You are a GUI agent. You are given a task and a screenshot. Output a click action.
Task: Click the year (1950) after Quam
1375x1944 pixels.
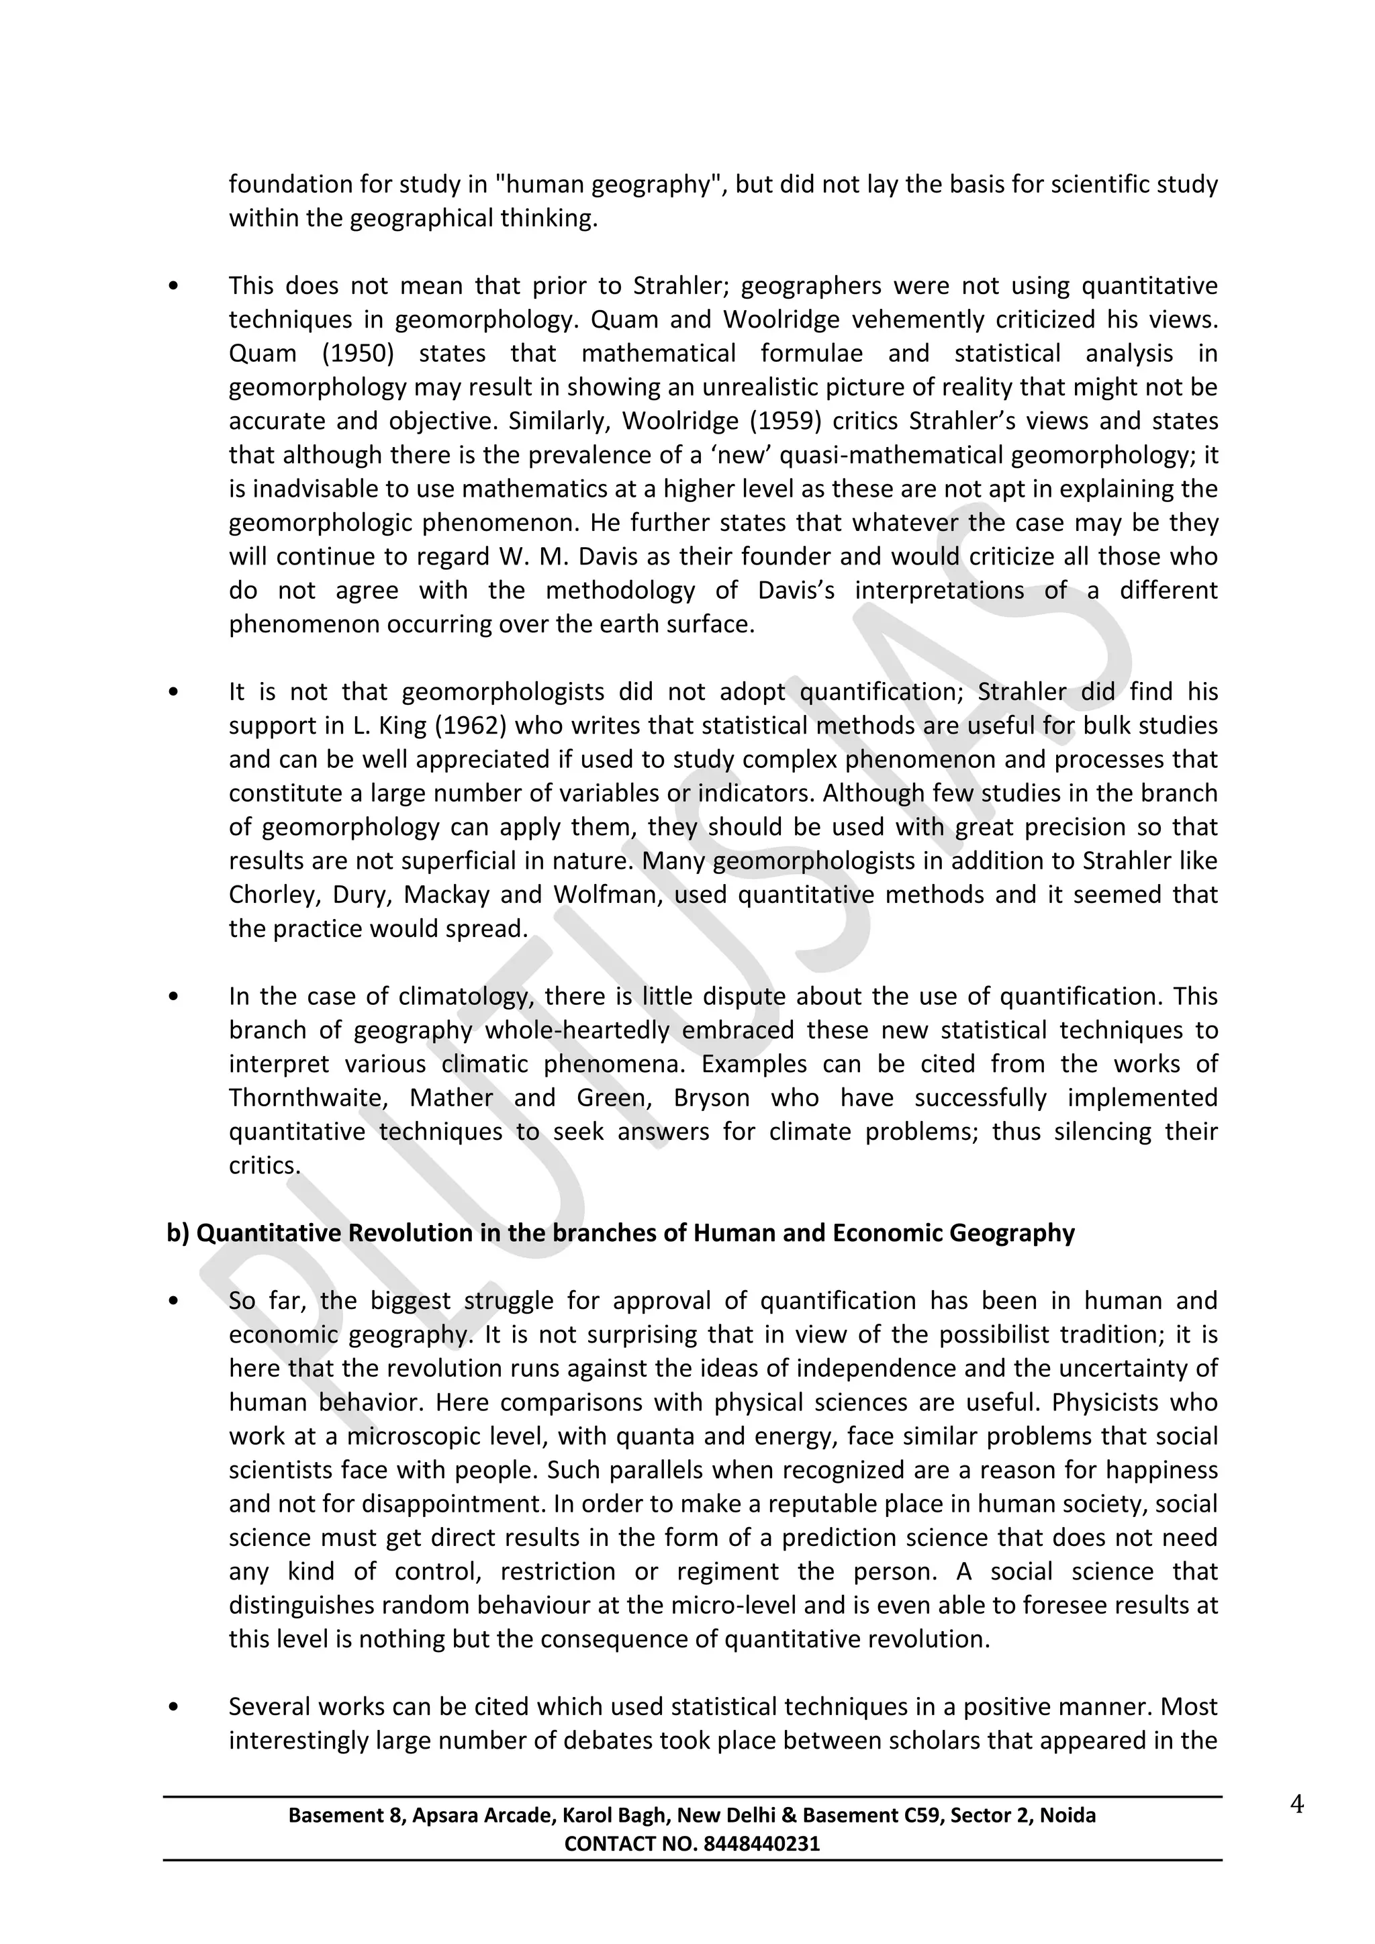pyautogui.click(x=357, y=353)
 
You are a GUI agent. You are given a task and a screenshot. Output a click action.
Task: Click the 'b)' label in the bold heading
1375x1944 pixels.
pyautogui.click(x=178, y=1232)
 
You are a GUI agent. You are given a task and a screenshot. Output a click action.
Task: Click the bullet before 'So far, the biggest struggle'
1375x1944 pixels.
pyautogui.click(x=174, y=1302)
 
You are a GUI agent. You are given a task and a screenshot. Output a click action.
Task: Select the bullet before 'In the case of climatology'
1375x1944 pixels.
pyautogui.click(x=174, y=997)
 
